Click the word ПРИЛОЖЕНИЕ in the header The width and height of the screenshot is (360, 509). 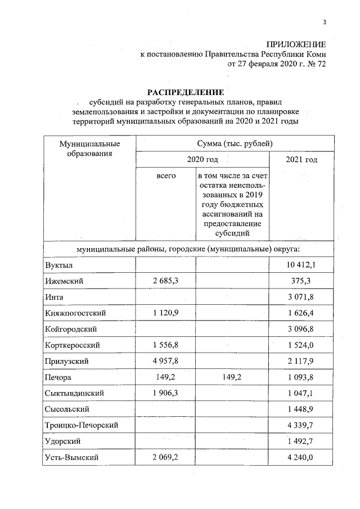(x=296, y=44)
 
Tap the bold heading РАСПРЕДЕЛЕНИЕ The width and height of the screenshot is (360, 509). (x=186, y=92)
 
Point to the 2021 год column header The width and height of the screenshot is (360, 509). (x=301, y=160)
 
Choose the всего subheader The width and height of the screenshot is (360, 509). (x=166, y=176)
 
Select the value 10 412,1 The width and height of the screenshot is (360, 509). (x=304, y=265)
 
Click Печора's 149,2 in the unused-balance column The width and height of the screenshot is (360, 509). (x=232, y=377)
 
